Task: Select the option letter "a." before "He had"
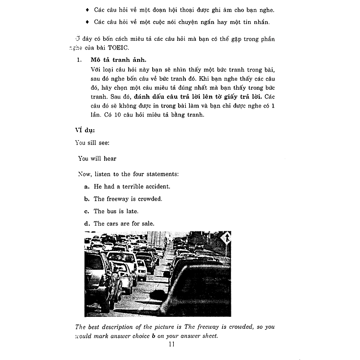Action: coord(87,186)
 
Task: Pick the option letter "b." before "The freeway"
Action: coord(87,199)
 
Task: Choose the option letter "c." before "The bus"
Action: coord(87,211)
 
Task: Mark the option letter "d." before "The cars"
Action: coord(87,224)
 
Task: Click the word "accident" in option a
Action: coord(156,186)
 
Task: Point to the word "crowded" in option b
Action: coord(148,199)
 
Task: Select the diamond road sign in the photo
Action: coord(226,238)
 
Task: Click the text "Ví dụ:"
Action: coord(85,129)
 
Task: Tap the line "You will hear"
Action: coord(97,158)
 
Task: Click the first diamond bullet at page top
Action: coord(87,10)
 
